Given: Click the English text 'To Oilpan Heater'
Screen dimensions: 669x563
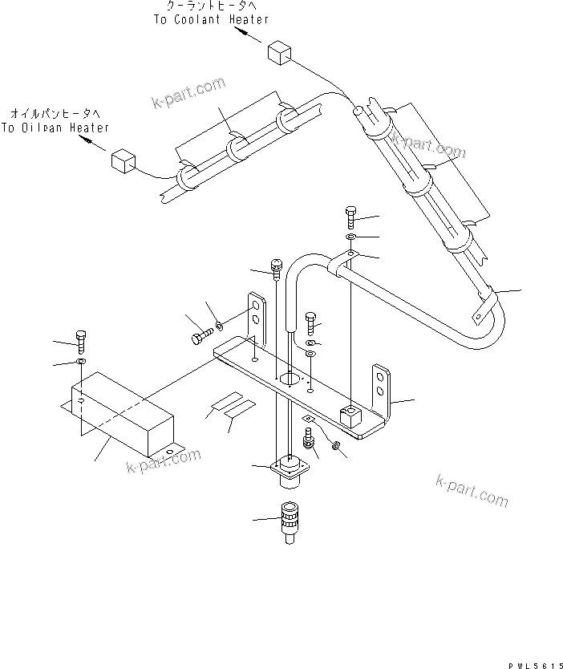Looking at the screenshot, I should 55,128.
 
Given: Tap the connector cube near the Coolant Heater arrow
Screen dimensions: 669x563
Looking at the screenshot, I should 277,53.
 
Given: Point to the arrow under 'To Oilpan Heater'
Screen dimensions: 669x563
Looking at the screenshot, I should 95,145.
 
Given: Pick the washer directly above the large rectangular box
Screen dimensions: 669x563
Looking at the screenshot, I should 81,363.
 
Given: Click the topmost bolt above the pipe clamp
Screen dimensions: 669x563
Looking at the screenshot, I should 352,217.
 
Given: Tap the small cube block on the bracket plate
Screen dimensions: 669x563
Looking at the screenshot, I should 349,415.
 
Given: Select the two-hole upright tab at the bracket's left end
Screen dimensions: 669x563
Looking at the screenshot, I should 256,316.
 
